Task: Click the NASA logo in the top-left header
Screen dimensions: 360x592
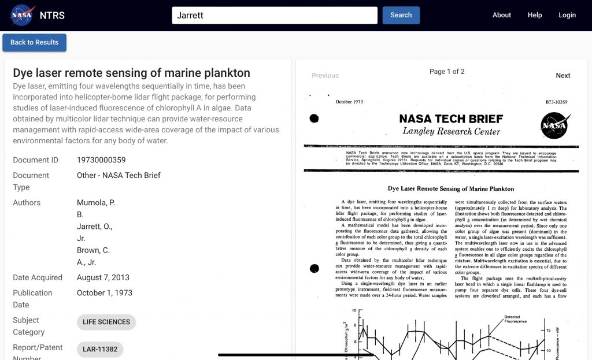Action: (22, 15)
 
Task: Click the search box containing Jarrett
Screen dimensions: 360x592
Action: (275, 15)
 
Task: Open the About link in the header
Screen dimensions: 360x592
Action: (502, 15)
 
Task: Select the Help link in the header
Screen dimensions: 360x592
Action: (535, 15)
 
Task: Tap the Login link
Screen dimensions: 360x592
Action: (567, 15)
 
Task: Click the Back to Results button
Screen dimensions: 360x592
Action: (35, 42)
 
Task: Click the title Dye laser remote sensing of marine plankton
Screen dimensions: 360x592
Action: (132, 73)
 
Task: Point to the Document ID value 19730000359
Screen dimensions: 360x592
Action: (101, 160)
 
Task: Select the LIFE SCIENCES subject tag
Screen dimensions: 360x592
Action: (106, 322)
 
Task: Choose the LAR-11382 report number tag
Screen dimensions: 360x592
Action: (99, 349)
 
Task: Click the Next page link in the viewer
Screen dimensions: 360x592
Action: (563, 76)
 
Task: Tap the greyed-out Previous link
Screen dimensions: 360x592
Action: (325, 76)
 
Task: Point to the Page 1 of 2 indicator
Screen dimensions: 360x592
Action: (447, 72)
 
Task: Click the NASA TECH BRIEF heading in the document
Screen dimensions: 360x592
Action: (451, 119)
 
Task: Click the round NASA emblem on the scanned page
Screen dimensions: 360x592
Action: (554, 125)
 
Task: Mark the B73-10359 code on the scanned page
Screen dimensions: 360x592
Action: (556, 102)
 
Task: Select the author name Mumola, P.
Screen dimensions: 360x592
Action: (96, 203)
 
